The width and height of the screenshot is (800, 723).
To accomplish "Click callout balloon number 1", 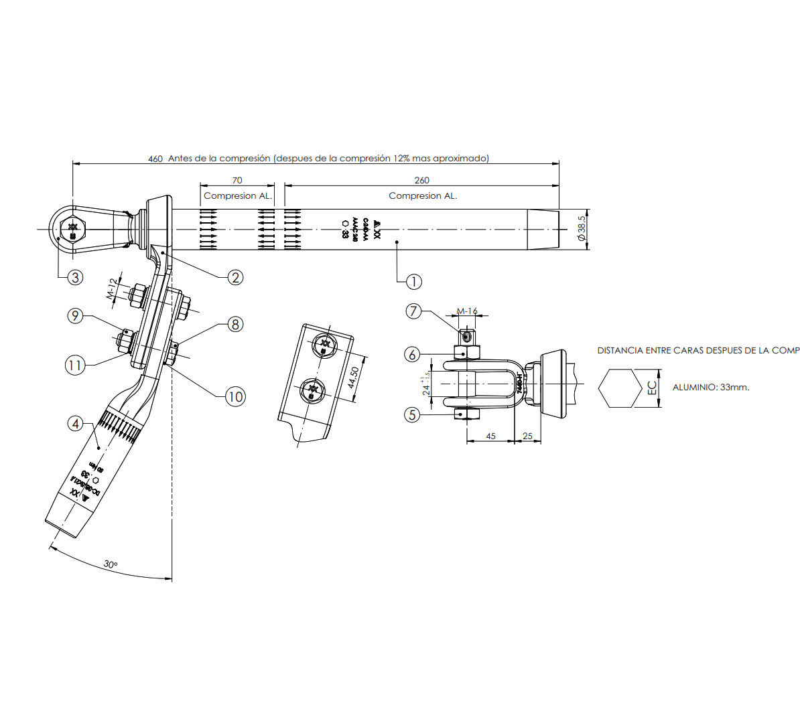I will point(414,282).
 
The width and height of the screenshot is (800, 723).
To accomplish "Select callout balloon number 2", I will point(235,277).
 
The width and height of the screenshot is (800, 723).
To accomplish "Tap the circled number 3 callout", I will point(74,277).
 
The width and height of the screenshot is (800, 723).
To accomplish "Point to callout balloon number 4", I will point(76,423).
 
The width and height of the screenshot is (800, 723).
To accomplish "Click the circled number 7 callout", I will point(413,311).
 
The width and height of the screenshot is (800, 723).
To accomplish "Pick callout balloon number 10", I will point(235,396).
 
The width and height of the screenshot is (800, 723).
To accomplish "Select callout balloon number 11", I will point(74,365).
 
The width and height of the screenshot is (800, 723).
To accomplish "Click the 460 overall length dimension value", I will point(155,159).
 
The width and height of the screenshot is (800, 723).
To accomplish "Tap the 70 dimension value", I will point(237,180).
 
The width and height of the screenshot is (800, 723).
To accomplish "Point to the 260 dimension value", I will point(421,180).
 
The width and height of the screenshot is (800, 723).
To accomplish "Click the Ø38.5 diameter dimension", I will point(582,228).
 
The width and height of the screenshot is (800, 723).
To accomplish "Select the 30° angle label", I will point(111,564).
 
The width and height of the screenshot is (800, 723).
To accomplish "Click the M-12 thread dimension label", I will point(113,289).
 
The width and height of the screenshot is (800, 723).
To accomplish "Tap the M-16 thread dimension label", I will point(467,311).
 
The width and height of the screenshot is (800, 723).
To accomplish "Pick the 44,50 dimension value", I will point(353,377).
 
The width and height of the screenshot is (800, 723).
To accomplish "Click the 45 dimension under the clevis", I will point(490,436).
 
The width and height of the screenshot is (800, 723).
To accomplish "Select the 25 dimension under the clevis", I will point(528,436).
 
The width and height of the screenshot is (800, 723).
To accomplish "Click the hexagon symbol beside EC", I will point(620,388).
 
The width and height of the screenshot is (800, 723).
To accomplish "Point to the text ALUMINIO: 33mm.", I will point(711,388).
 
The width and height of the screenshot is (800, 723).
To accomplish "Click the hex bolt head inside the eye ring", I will point(72,229).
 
